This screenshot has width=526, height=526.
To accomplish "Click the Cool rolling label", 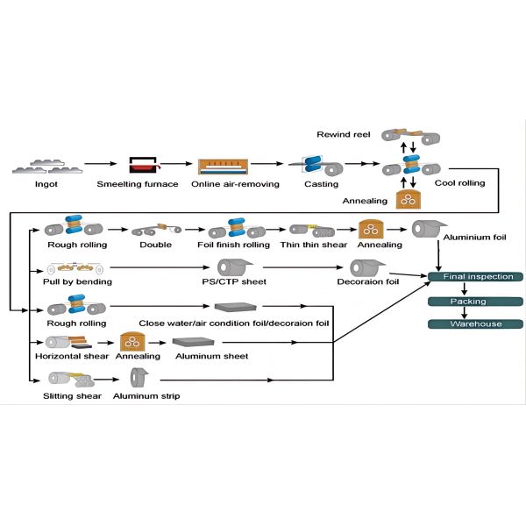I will coord(460,183).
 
